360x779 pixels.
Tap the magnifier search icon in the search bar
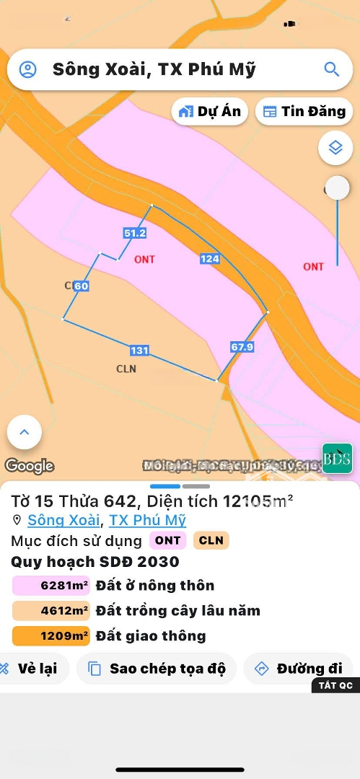click(331, 69)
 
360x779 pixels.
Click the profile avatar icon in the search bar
click(27, 69)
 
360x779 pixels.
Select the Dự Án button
click(210, 111)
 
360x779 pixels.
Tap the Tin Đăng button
click(304, 111)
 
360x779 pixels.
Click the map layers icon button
click(335, 148)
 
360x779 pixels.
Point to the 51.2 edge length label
click(135, 233)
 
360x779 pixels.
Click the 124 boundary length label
click(210, 258)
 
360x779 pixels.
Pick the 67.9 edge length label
click(242, 346)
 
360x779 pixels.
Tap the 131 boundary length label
click(139, 351)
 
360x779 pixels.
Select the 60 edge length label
click(81, 286)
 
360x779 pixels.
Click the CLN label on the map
click(126, 369)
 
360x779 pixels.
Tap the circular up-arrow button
click(25, 433)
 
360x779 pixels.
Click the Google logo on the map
click(30, 466)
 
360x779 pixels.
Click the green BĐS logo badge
click(337, 458)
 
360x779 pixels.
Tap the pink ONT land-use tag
click(168, 540)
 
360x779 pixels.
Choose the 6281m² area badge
click(51, 585)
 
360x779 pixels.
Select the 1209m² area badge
click(51, 635)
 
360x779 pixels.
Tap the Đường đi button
click(298, 669)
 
